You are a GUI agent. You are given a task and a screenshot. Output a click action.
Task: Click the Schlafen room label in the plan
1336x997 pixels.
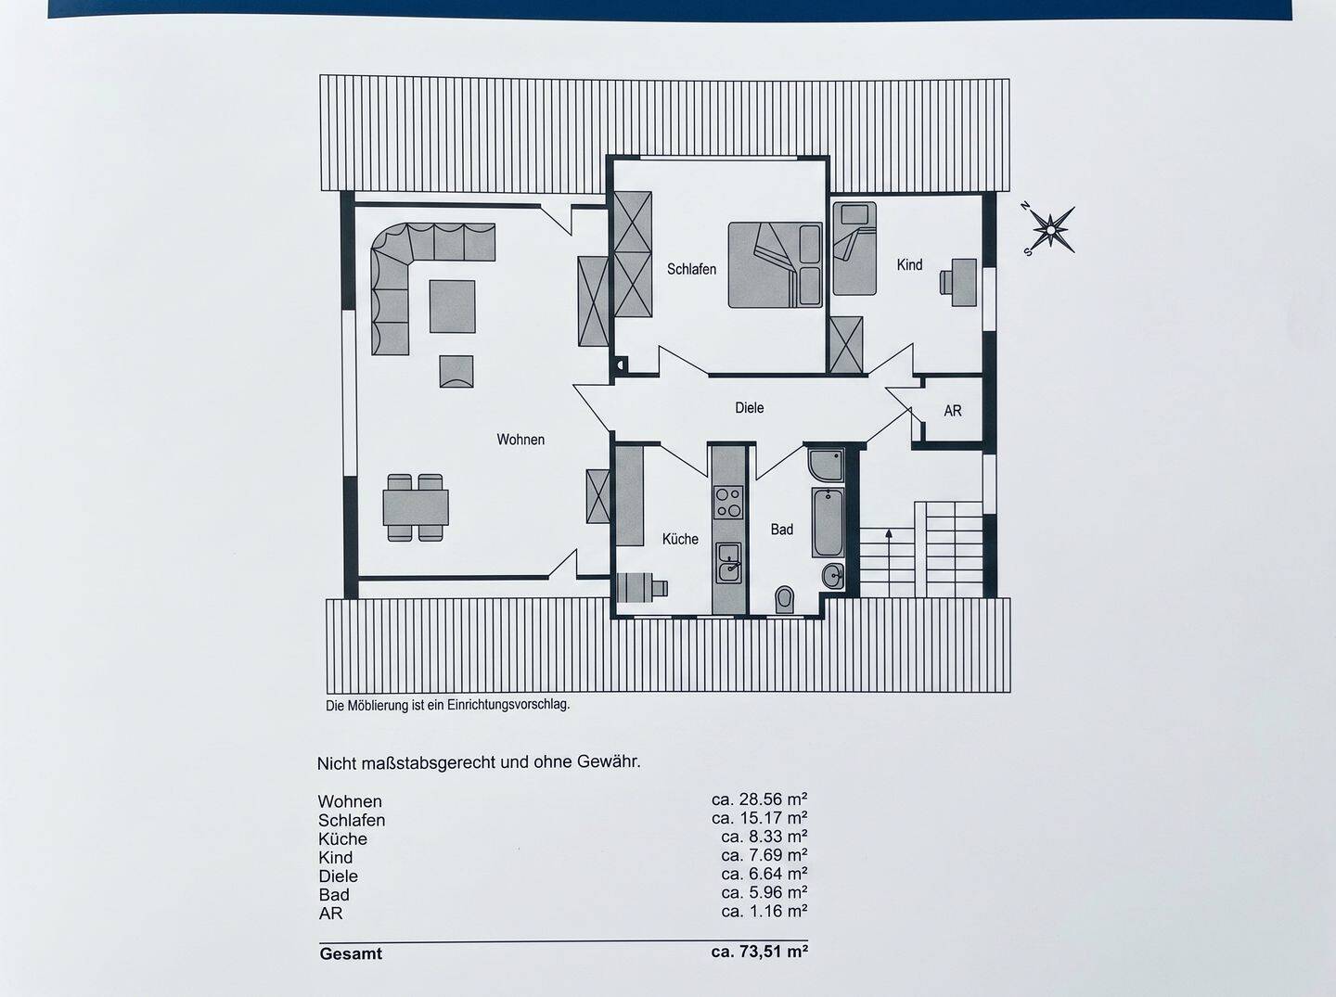pyautogui.click(x=691, y=269)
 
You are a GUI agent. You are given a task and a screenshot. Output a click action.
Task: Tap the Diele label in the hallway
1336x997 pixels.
pyautogui.click(x=750, y=407)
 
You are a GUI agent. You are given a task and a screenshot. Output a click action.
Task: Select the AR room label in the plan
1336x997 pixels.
pyautogui.click(x=953, y=411)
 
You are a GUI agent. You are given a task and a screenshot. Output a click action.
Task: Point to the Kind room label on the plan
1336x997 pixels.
pyautogui.click(x=909, y=264)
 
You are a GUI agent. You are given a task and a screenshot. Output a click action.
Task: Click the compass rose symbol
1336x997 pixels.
pyautogui.click(x=1051, y=229)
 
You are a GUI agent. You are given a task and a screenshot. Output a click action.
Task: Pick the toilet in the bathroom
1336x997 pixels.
pyautogui.click(x=785, y=600)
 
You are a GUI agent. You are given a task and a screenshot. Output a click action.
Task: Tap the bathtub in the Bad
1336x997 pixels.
pyautogui.click(x=828, y=522)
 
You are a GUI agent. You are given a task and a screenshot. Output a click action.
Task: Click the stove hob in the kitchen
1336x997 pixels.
pyautogui.click(x=728, y=502)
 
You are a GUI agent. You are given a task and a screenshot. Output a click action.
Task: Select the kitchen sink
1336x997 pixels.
pyautogui.click(x=728, y=563)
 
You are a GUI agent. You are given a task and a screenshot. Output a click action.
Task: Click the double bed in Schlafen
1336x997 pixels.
pyautogui.click(x=775, y=264)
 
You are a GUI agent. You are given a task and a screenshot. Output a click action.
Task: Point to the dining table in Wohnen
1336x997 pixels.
pyautogui.click(x=416, y=507)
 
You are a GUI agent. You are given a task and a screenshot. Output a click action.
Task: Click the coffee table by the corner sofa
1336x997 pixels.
pyautogui.click(x=452, y=306)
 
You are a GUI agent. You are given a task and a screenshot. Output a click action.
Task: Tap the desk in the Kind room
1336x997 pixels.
pyautogui.click(x=964, y=282)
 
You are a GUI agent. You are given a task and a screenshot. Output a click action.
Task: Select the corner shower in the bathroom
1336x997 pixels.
pyautogui.click(x=826, y=465)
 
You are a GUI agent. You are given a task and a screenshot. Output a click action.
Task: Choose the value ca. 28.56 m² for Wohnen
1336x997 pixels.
pyautogui.click(x=760, y=799)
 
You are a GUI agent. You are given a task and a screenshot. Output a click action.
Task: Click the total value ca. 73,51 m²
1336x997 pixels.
pyautogui.click(x=760, y=952)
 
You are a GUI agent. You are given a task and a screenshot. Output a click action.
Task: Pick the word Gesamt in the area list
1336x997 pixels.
pyautogui.click(x=351, y=953)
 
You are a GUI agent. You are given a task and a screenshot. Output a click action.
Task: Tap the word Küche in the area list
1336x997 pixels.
pyautogui.click(x=342, y=838)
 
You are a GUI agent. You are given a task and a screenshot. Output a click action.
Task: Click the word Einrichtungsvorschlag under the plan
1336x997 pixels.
pyautogui.click(x=508, y=705)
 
